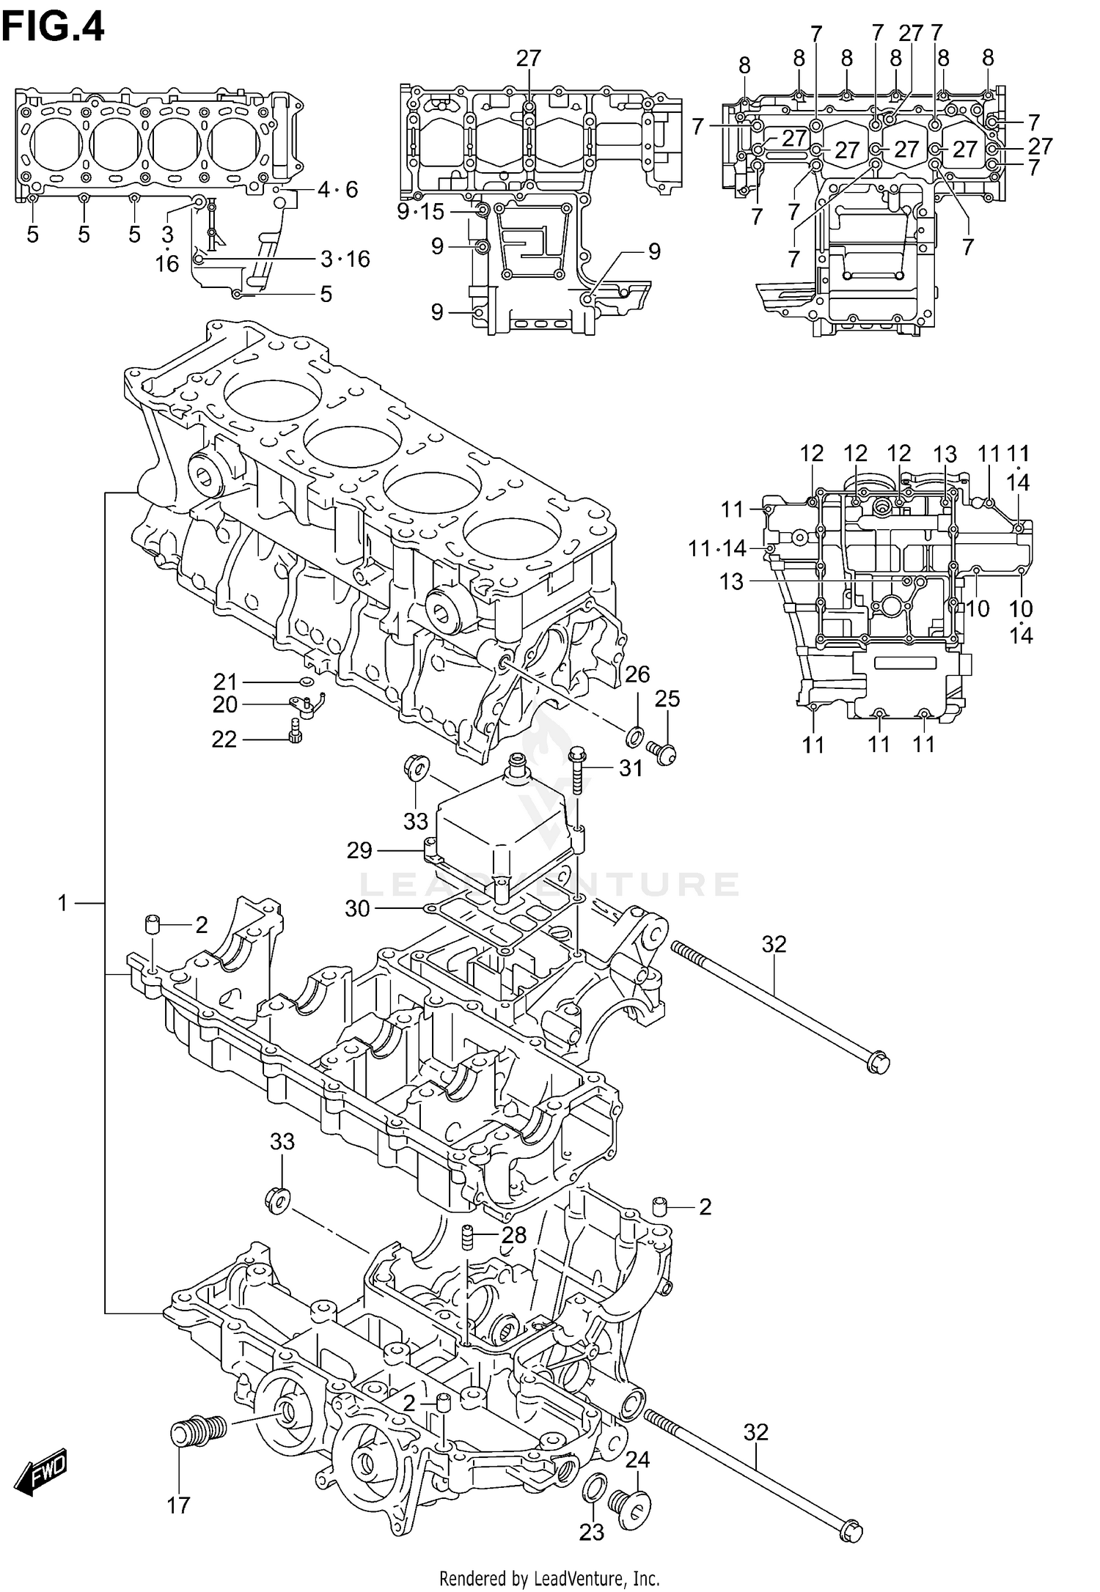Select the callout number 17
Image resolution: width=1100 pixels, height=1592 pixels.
click(178, 1506)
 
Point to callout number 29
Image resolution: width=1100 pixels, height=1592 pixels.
click(359, 850)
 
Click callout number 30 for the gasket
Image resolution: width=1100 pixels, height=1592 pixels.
click(358, 909)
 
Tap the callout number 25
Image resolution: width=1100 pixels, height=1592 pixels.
click(667, 699)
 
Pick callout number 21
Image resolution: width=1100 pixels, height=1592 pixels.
click(225, 682)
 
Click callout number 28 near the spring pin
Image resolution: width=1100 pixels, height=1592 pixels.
click(513, 1235)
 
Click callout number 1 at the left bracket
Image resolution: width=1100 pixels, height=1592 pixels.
click(63, 904)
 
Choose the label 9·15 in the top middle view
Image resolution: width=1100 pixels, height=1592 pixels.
click(421, 212)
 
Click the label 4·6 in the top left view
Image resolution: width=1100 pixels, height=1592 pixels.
click(337, 190)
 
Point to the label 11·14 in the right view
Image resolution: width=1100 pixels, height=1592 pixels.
click(716, 548)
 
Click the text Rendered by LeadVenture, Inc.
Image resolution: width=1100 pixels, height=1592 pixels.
click(549, 1578)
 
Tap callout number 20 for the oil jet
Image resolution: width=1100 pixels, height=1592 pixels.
click(225, 704)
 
